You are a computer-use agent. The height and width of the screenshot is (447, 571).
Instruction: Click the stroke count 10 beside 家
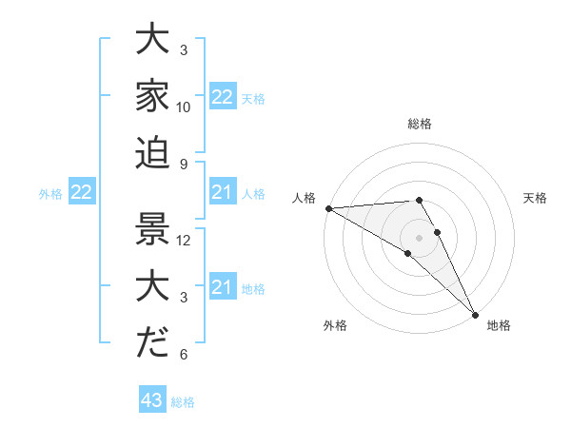click(x=184, y=107)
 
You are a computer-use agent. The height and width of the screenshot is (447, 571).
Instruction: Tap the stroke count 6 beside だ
click(x=184, y=355)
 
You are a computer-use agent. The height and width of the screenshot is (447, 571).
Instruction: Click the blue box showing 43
click(x=152, y=400)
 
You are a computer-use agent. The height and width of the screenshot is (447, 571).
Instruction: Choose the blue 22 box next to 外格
click(x=82, y=193)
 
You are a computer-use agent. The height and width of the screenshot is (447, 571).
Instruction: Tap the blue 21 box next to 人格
click(x=223, y=193)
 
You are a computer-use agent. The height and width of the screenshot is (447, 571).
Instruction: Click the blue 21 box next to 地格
click(x=223, y=287)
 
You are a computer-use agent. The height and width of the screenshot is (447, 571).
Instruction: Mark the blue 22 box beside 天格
click(x=223, y=97)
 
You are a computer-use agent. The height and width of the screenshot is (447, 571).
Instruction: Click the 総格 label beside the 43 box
click(x=184, y=402)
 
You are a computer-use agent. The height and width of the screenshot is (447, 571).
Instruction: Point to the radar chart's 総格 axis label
click(x=420, y=124)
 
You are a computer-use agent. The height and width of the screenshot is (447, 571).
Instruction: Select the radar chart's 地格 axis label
click(x=499, y=325)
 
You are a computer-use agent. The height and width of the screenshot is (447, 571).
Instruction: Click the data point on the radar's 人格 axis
click(x=327, y=207)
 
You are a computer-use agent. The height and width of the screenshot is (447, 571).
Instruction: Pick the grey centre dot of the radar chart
click(x=420, y=237)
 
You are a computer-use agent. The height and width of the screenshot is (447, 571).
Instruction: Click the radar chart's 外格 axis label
click(x=335, y=325)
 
